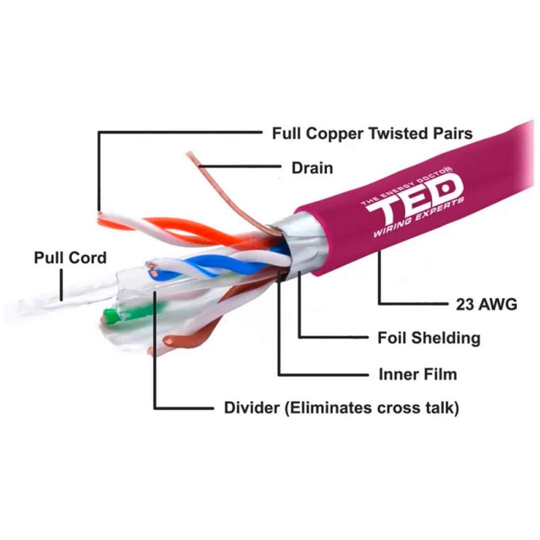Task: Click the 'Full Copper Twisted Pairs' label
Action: click(372, 133)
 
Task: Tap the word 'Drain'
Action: click(312, 167)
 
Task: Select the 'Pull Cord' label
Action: click(70, 258)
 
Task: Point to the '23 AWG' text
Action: click(486, 304)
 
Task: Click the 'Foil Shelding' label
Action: click(428, 338)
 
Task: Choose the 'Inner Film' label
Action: click(417, 373)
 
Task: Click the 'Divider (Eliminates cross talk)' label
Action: click(341, 407)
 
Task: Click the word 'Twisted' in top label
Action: click(394, 133)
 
